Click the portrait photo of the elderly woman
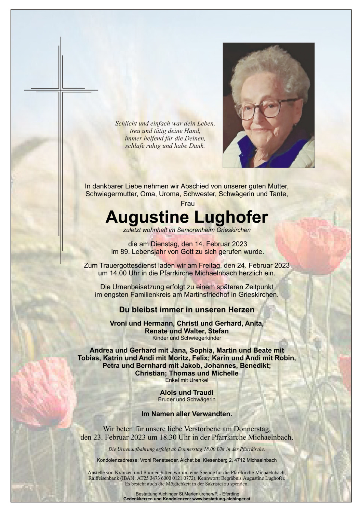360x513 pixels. [x=268, y=105]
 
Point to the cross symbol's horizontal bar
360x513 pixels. [x=61, y=90]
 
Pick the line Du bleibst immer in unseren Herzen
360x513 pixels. [x=187, y=310]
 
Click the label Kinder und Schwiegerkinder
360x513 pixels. [x=187, y=338]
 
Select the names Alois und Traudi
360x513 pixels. [x=187, y=393]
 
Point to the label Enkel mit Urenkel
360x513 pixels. [x=187, y=380]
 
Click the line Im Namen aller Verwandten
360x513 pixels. [x=187, y=414]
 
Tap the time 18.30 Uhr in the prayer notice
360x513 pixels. [x=169, y=437]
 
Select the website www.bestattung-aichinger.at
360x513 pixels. [x=221, y=499]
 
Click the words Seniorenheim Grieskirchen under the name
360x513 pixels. [x=214, y=230]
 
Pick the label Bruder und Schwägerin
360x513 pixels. [x=187, y=399]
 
